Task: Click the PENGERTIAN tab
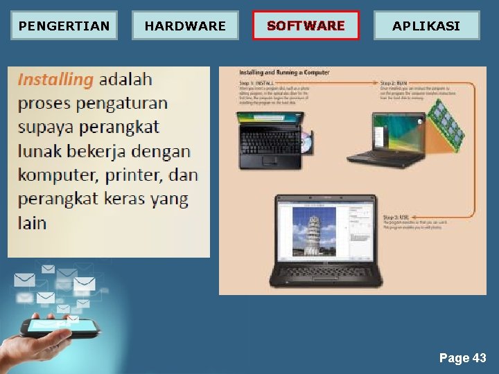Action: (x=64, y=26)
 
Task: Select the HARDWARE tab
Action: (x=185, y=26)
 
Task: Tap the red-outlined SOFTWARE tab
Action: (x=306, y=26)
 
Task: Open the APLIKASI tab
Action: (x=426, y=26)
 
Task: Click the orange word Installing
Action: (x=55, y=79)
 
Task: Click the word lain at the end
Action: (x=32, y=222)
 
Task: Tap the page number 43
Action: (x=479, y=358)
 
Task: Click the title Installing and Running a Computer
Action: (x=285, y=73)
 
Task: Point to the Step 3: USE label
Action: (x=396, y=216)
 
